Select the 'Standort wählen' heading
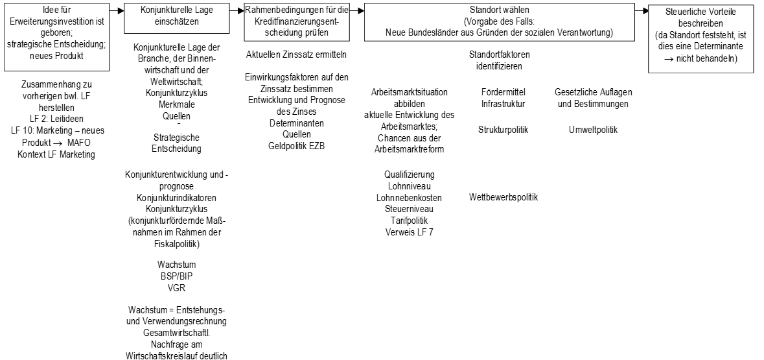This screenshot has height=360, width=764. [x=500, y=9]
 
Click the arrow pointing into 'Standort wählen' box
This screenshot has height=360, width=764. [x=356, y=10]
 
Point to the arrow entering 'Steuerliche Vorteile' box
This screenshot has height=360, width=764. [x=642, y=10]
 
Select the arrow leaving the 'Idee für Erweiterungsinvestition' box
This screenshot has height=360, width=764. [x=117, y=10]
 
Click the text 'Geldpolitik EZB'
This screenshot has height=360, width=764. [x=296, y=145]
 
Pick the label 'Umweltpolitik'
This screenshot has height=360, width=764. [x=593, y=130]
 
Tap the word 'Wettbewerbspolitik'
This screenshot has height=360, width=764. [x=504, y=197]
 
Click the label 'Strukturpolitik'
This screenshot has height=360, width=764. [x=504, y=130]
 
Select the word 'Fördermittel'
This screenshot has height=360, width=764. [x=504, y=91]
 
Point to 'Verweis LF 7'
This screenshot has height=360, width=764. [x=410, y=232]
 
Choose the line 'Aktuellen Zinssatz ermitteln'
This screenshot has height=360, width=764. [x=296, y=54]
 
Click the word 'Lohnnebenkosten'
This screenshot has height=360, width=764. [x=410, y=198]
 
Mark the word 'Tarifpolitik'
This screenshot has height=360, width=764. [x=410, y=221]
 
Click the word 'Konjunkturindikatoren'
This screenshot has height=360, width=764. [x=178, y=198]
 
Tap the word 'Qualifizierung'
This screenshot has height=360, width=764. [x=410, y=174]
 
